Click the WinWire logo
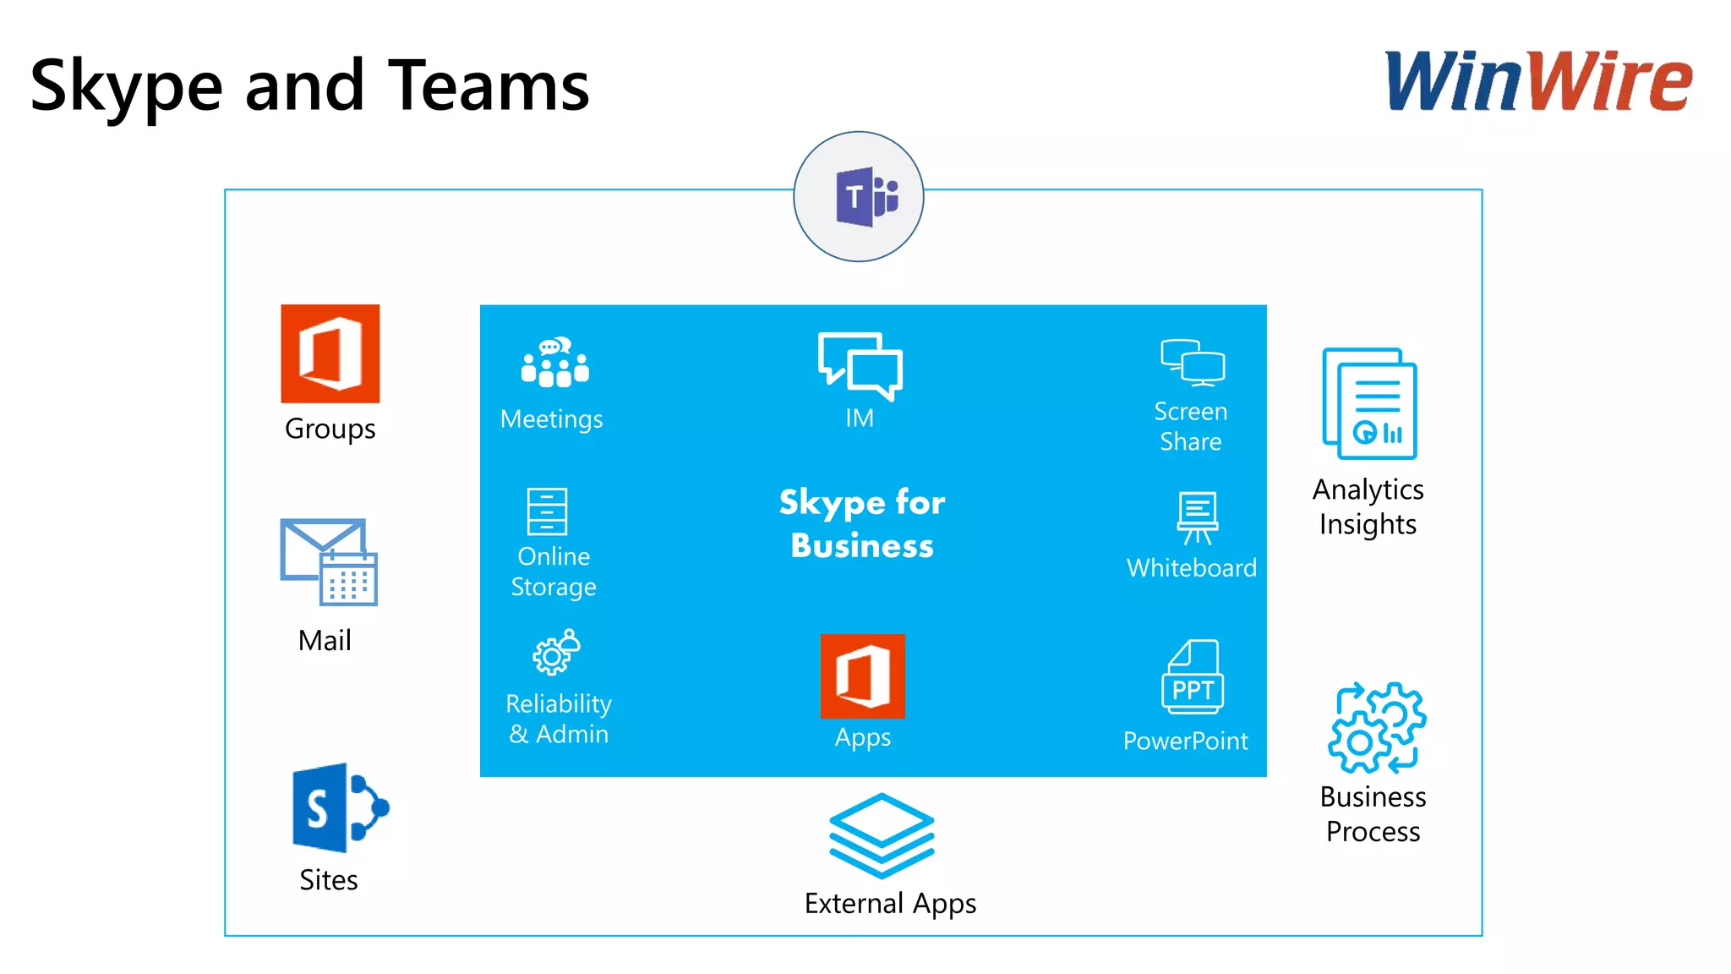click(1538, 81)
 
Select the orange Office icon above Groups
click(330, 353)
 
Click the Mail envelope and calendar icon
click(329, 562)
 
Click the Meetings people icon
click(554, 364)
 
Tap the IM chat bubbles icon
click(860, 366)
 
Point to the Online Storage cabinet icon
click(547, 512)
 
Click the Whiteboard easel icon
click(1197, 517)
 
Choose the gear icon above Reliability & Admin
click(555, 653)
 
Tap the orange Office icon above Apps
click(862, 676)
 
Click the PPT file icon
click(1193, 677)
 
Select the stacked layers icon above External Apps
click(882, 834)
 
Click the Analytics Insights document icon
click(1369, 404)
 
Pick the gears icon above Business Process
click(1376, 727)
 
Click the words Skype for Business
click(862, 523)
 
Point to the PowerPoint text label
click(1185, 741)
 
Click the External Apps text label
click(890, 904)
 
